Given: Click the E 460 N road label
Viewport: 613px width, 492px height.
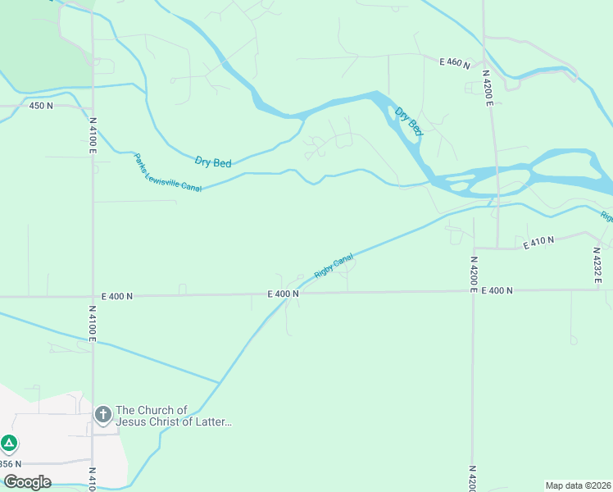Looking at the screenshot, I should click(x=455, y=62).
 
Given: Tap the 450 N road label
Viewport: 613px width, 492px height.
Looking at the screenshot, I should click(x=41, y=106).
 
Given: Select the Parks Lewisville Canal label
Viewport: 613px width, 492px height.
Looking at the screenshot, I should click(x=167, y=174).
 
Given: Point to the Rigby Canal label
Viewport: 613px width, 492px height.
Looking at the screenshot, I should click(x=334, y=265).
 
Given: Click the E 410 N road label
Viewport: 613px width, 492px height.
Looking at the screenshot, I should click(x=539, y=241).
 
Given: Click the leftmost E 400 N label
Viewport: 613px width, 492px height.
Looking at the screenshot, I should click(x=117, y=296).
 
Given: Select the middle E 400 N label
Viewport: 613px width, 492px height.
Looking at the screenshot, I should click(x=283, y=294).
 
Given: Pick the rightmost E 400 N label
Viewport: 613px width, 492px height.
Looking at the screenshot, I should click(x=497, y=290).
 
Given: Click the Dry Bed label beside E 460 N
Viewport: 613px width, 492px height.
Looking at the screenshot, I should click(x=409, y=121).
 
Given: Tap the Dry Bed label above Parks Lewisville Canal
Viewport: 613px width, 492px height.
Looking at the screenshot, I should click(x=213, y=162).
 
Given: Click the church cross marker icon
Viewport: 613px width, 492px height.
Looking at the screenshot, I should click(x=102, y=414).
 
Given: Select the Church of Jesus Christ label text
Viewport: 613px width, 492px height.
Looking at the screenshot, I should click(x=175, y=417).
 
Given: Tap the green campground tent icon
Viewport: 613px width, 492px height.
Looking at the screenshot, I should click(x=9, y=444).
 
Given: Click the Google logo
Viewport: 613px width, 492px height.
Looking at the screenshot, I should click(x=27, y=482).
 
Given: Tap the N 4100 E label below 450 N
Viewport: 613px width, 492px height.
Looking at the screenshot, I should click(x=93, y=134).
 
